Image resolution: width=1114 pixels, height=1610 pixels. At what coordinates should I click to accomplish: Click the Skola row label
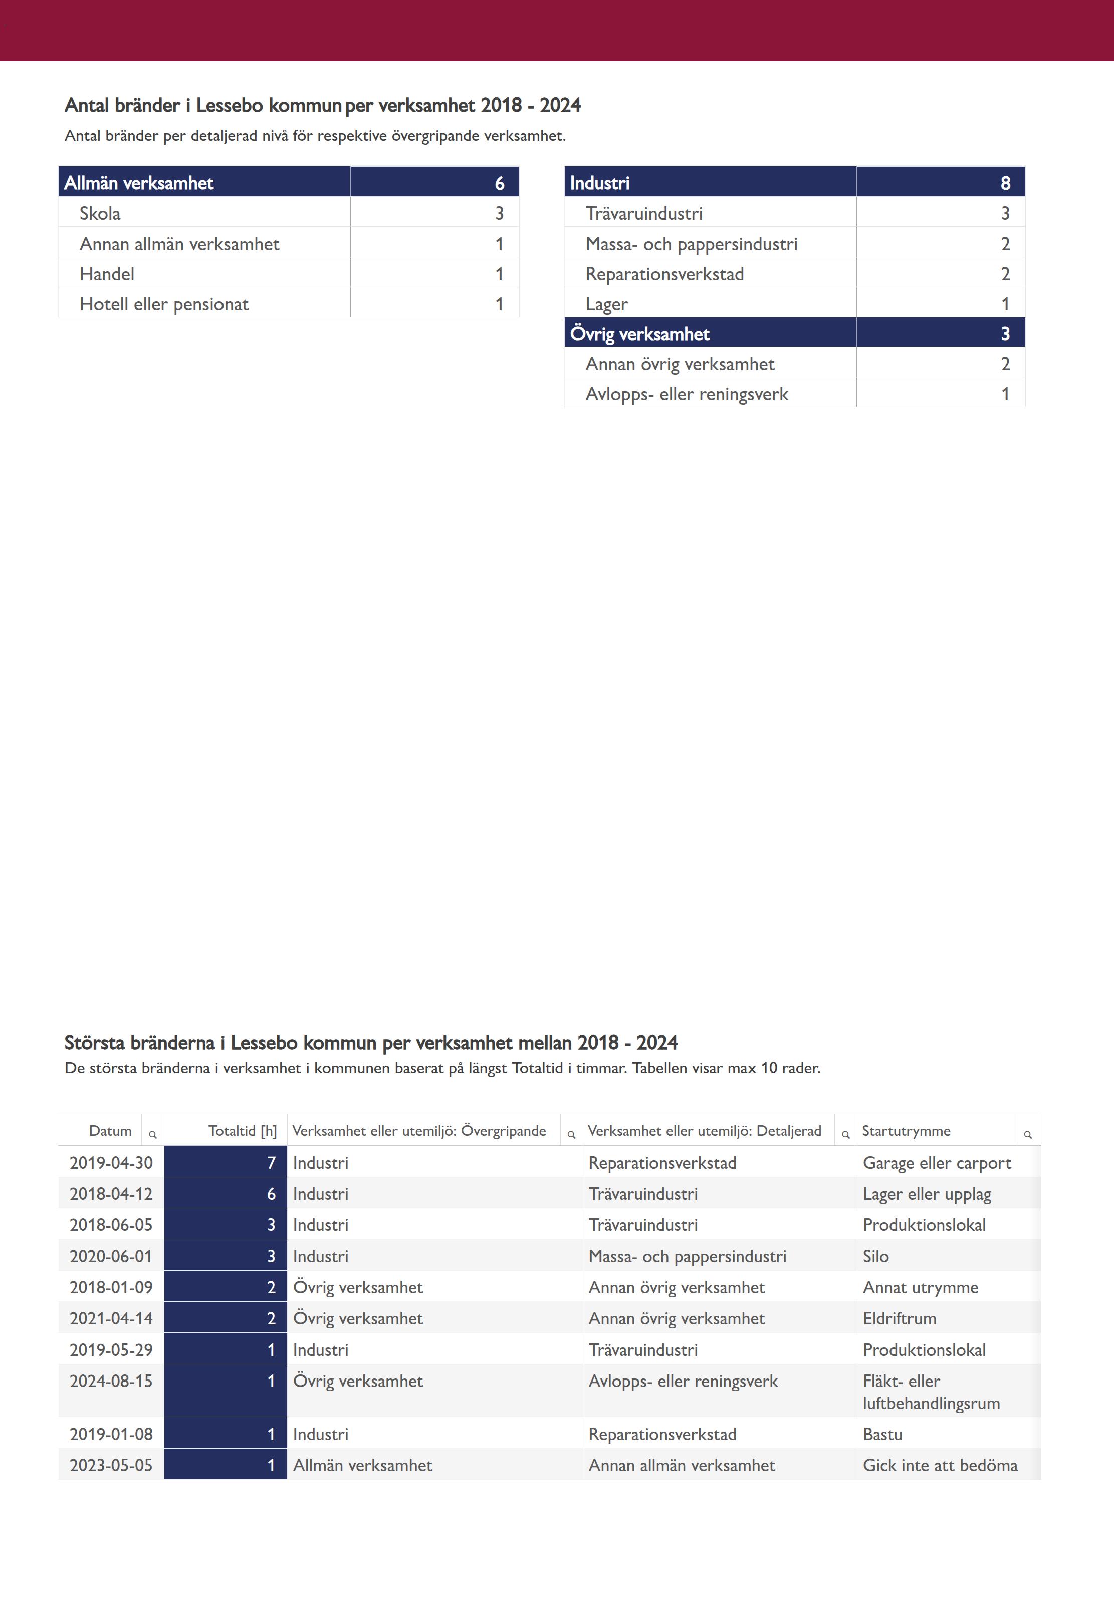pos(100,213)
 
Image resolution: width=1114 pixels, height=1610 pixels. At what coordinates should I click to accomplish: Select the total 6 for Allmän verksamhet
pos(499,183)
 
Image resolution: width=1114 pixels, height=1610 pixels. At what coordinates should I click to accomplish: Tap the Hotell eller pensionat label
pos(164,304)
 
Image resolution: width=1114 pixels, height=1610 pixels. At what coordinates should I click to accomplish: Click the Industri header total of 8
pos(1005,183)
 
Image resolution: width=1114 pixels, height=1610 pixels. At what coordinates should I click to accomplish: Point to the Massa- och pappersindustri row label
pos(691,244)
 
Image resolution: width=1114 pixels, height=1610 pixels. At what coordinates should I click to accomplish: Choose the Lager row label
pos(606,304)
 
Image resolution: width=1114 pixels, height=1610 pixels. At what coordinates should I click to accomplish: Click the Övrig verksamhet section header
pos(639,334)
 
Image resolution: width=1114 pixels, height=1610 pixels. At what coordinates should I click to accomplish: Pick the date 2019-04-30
pos(111,1163)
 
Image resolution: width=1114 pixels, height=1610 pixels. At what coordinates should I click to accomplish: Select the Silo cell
pos(876,1256)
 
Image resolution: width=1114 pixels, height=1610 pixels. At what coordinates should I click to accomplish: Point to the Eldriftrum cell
pos(900,1318)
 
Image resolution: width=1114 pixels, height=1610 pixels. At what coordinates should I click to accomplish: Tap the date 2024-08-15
pos(111,1381)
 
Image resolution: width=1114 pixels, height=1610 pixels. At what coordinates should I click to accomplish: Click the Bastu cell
pos(883,1434)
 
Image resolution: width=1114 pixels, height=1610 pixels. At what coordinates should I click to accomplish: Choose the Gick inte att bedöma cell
pos(940,1466)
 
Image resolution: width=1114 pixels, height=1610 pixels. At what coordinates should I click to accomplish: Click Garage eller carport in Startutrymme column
pos(937,1163)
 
